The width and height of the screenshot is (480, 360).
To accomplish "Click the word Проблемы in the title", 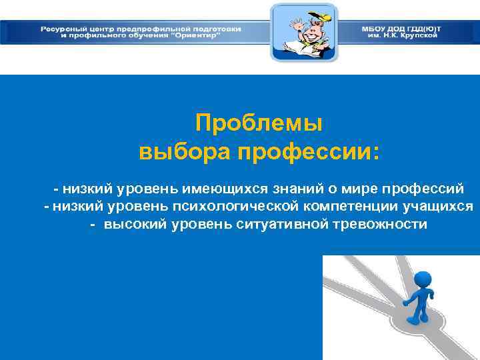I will click(259, 123).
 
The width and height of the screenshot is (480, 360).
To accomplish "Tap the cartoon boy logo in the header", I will click(303, 33).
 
